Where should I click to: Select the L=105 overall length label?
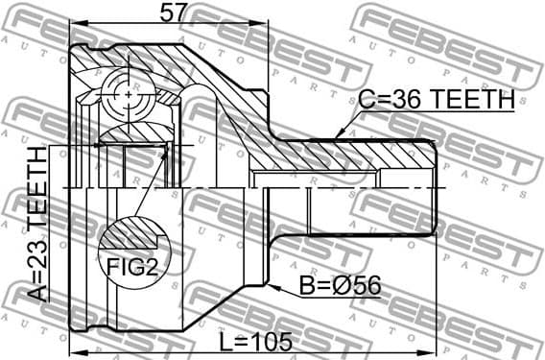pos(255,340)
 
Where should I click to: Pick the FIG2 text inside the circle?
pos(131,267)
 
